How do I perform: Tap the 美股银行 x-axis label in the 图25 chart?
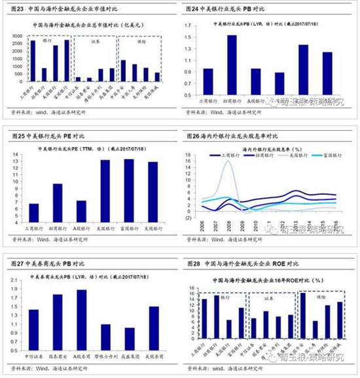pyautogui.click(x=153, y=228)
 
